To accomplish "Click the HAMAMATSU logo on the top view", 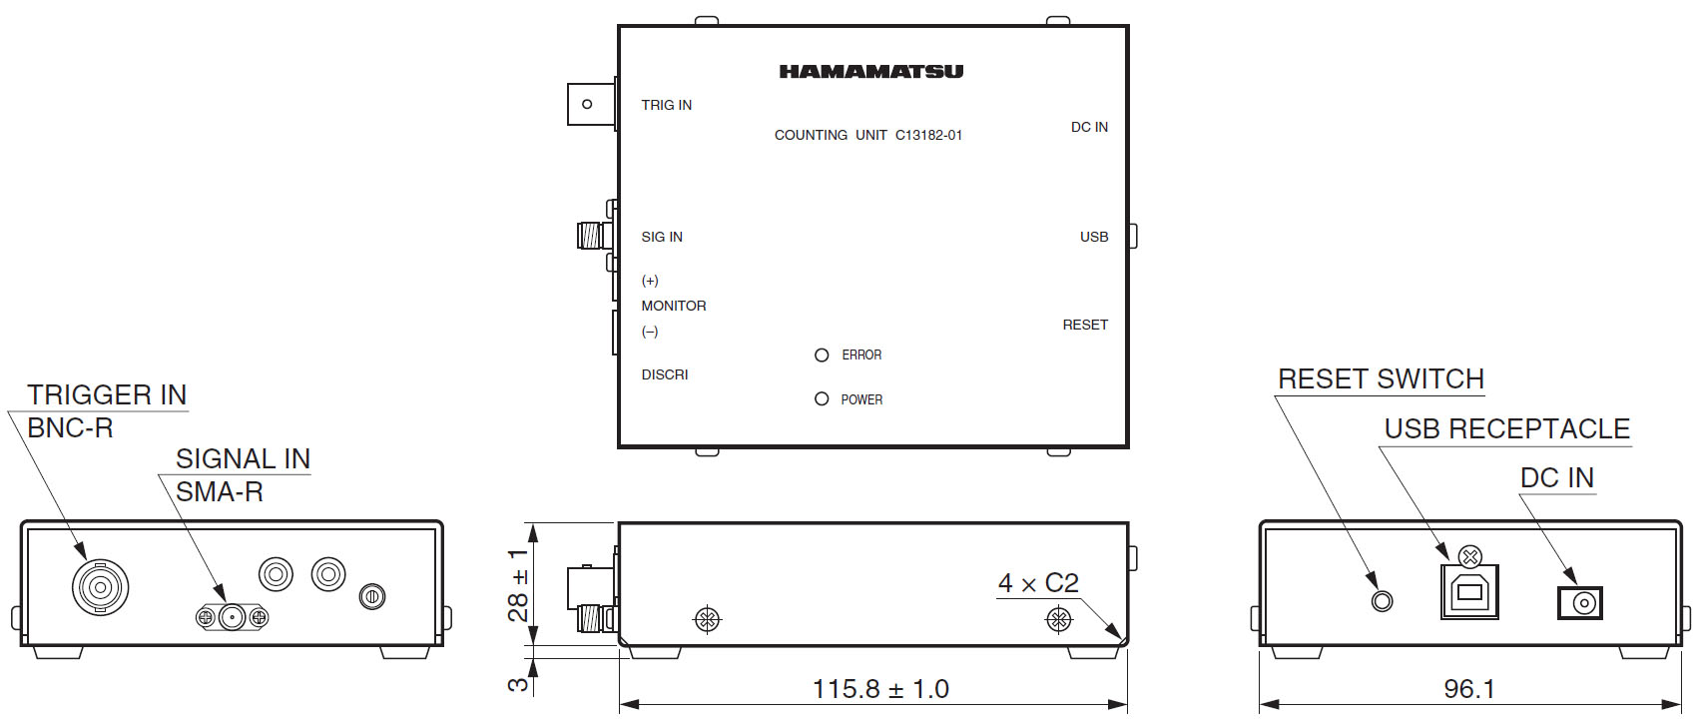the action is tap(870, 71).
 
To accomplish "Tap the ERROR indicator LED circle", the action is tap(822, 355).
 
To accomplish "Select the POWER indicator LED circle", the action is tap(822, 398).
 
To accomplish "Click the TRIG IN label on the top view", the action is tap(666, 105).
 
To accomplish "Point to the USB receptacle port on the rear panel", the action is tap(1469, 591).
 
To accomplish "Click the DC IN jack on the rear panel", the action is tap(1580, 603).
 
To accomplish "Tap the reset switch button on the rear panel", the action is tap(1382, 601).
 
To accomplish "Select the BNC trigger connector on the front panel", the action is tap(100, 587).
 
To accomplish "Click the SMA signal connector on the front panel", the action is tap(232, 617).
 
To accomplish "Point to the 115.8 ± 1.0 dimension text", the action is tap(880, 688).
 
